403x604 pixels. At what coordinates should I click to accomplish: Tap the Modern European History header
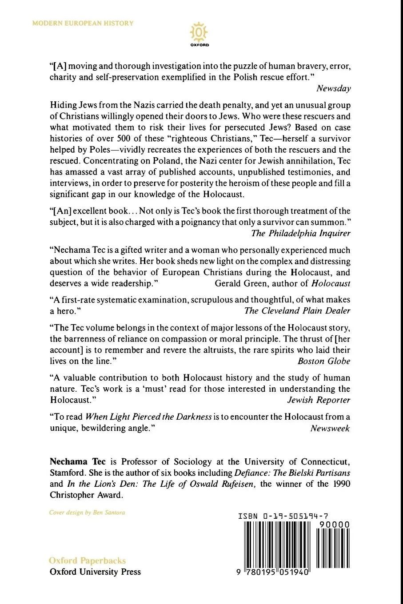[83, 23]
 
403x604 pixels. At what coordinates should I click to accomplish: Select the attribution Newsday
[333, 88]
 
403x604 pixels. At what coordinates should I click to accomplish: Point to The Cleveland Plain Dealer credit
[297, 310]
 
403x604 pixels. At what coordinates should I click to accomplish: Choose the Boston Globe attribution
[323, 361]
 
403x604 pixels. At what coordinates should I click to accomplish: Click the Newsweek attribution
[330, 428]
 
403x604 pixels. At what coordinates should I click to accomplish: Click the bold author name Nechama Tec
[78, 462]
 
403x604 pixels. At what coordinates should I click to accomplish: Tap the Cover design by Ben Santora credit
[87, 513]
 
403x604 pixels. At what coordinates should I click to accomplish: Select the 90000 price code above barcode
[334, 525]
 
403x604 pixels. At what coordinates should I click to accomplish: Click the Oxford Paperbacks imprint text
[88, 560]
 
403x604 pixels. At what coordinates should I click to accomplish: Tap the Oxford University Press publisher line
[95, 572]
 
